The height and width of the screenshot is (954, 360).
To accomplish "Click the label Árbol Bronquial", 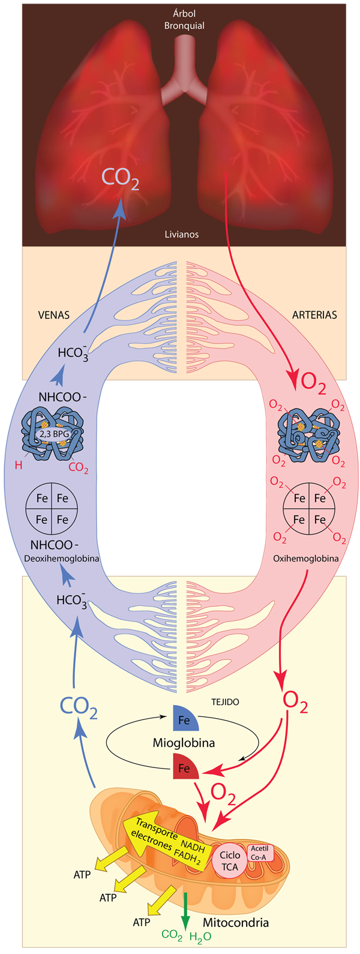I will coord(184,19).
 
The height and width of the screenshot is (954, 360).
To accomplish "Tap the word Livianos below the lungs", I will coord(181,234).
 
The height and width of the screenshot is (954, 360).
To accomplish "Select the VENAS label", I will coord(53,314).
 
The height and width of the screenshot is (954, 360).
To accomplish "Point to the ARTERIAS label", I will coord(314,314).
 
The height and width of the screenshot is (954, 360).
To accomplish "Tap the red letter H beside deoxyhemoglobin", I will coord(19,465).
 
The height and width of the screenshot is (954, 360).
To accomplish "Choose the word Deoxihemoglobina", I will coord(61,558).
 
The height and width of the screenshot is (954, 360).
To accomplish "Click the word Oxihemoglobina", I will coord(305,558).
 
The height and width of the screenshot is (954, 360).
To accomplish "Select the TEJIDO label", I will coord(225,701).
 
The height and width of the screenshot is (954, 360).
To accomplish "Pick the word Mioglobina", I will coord(184,743).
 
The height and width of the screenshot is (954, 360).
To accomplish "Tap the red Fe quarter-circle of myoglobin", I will coord(184,769).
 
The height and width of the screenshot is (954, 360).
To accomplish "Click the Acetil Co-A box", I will coord(259,853).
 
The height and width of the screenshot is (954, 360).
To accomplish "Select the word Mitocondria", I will coord(235,922).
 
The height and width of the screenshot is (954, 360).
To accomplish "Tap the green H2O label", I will coord(200,937).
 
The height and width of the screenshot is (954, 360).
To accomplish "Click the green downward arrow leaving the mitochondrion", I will coord(185,912).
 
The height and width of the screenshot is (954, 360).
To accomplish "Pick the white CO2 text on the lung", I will coord(120,178).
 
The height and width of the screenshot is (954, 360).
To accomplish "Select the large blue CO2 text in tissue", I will coord(78,706).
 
